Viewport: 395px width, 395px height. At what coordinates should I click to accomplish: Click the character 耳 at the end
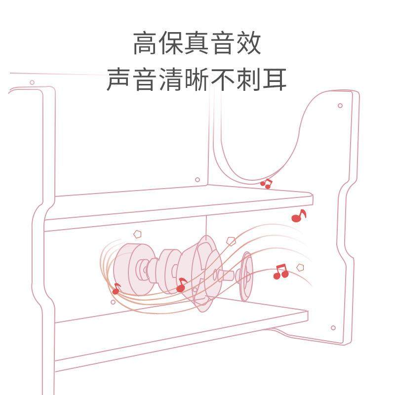(275, 79)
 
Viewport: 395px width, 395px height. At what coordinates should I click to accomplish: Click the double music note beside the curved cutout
(266, 184)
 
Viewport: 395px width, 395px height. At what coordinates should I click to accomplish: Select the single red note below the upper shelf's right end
(298, 216)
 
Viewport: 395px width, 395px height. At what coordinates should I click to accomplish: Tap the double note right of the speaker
(280, 271)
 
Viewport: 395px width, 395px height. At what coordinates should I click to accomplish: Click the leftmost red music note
(117, 288)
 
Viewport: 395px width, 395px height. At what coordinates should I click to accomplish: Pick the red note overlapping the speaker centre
(181, 284)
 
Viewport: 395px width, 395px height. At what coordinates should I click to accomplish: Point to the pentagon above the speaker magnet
(137, 234)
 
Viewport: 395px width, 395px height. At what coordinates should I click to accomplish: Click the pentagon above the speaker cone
(230, 241)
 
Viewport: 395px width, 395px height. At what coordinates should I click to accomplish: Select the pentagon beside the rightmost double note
(300, 267)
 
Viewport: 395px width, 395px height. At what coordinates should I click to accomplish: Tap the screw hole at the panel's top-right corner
(340, 105)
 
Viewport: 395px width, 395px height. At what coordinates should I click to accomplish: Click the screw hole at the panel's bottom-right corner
(333, 327)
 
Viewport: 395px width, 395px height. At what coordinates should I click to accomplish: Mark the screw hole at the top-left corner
(32, 82)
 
